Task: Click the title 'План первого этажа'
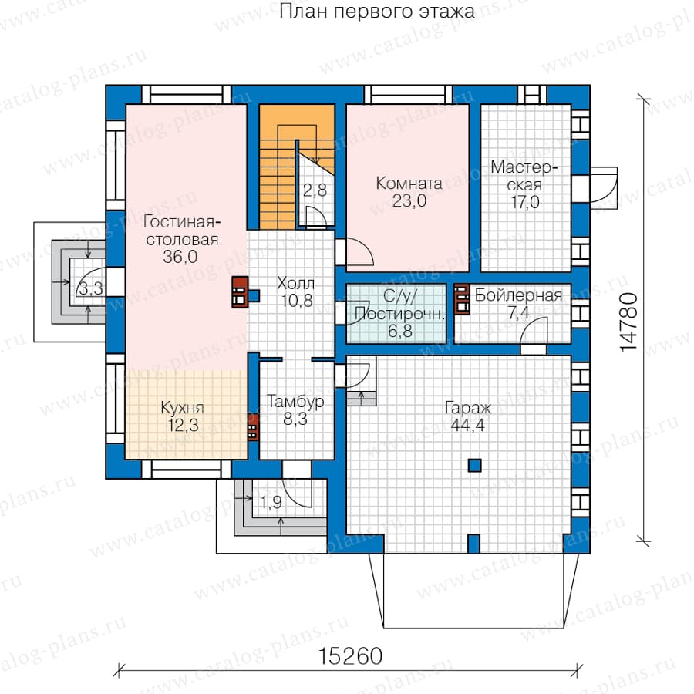377,11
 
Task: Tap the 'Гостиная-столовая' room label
182,230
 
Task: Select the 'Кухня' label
182,408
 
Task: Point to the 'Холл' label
295,283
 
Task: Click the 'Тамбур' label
295,402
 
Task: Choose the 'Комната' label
409,184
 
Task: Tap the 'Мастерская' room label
524,176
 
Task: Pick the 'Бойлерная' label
518,295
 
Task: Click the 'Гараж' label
468,408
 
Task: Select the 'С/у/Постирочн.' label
399,305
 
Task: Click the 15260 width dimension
350,656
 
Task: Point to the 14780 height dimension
629,322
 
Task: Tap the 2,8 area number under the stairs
315,190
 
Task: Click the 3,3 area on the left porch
90,289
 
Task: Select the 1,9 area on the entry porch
271,502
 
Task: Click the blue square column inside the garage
474,465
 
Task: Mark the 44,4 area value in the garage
467,426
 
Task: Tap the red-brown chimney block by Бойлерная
462,298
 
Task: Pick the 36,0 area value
180,257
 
